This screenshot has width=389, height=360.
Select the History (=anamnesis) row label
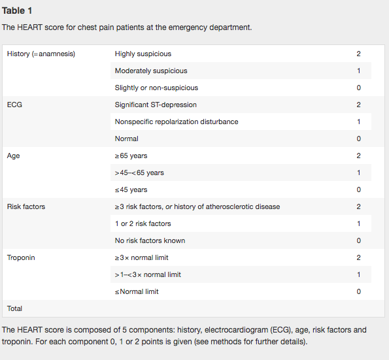pyautogui.click(x=41, y=54)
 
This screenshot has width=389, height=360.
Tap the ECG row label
pyautogui.click(x=14, y=105)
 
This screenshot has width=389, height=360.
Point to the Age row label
pyautogui.click(x=13, y=155)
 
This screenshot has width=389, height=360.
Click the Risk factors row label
pyautogui.click(x=26, y=206)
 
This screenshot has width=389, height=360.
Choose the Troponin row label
pyautogui.click(x=21, y=257)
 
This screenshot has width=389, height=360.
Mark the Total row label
pyautogui.click(x=15, y=307)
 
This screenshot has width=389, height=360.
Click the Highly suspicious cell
pyautogui.click(x=143, y=54)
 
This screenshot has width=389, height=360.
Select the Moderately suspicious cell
pyautogui.click(x=151, y=71)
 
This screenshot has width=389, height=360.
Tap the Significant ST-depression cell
pyautogui.click(x=156, y=105)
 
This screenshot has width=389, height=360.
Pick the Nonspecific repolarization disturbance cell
pyautogui.click(x=177, y=122)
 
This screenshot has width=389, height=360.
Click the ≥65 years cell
pyautogui.click(x=131, y=155)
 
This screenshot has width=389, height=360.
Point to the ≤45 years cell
pyautogui.click(x=131, y=189)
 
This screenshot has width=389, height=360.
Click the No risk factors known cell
pyautogui.click(x=150, y=240)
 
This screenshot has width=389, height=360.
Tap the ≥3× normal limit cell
pyautogui.click(x=141, y=257)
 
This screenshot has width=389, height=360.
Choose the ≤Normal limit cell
pyautogui.click(x=137, y=291)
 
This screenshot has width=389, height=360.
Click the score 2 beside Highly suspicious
pyautogui.click(x=358, y=54)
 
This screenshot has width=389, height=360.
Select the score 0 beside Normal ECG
pyautogui.click(x=358, y=139)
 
